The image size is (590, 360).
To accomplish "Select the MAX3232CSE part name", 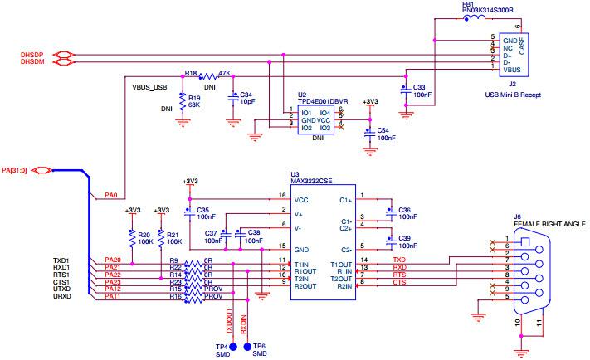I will click(312, 180).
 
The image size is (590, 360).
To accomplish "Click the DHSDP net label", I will click(32, 55).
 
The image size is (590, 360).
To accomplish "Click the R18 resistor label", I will click(191, 73).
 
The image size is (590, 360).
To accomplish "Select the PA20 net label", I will click(112, 260).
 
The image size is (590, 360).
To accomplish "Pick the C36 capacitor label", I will click(404, 210).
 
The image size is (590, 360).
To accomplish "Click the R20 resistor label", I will click(144, 235).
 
